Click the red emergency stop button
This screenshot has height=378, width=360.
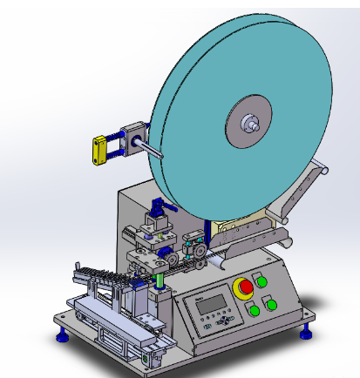247,287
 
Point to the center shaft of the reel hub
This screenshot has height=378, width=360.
254,123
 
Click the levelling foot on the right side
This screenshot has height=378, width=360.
306,331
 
